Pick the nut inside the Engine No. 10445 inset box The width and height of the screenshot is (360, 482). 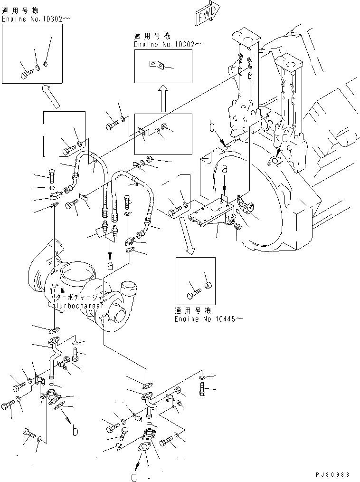(207, 285)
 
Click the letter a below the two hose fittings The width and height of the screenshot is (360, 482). (110, 266)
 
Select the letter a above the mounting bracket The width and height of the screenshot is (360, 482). (225, 168)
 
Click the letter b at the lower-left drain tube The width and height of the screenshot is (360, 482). (75, 431)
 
